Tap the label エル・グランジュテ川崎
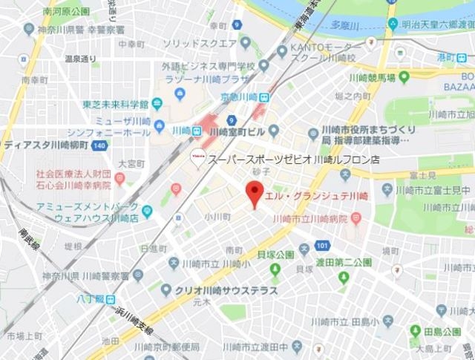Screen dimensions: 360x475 coord(316,195)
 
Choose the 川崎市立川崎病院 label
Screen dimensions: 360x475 coord(312,218)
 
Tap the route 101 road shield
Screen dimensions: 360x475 coord(321,245)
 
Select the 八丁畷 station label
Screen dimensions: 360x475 coord(89,300)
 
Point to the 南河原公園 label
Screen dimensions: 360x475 coord(66,11)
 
